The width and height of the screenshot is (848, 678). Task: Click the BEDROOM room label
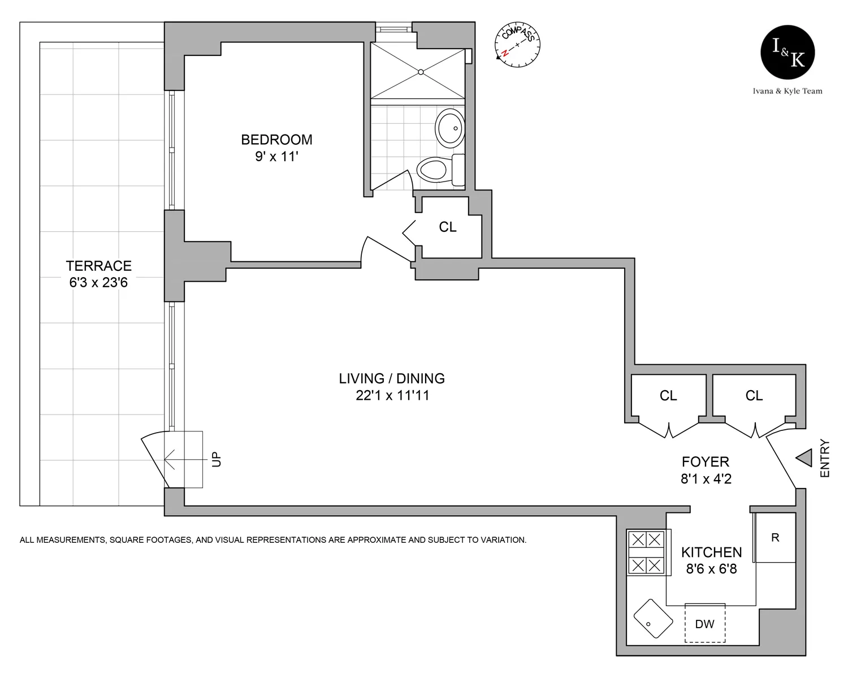pos(276,140)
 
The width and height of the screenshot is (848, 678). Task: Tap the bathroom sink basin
pos(450,128)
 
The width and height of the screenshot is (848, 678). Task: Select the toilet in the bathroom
pos(440,170)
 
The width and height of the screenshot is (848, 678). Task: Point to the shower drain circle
pos(421,72)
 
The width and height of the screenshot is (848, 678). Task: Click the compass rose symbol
pos(517,45)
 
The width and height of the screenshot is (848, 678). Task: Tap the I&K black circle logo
pos(788,53)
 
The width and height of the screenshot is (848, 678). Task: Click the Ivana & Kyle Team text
pos(788,91)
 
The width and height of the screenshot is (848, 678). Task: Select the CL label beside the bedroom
pos(448,227)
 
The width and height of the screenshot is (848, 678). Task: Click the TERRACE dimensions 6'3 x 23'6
pos(98,283)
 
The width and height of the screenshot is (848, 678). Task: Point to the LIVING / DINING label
pos(392,378)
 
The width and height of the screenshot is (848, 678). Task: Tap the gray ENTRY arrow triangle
pos(804,458)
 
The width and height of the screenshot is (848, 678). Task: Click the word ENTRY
pos(825,459)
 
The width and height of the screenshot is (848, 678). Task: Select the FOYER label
pos(706,461)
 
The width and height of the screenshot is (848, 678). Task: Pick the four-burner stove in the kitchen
pos(646,552)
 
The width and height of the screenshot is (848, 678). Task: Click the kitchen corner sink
pos(653,619)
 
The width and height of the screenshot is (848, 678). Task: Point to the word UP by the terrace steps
pos(217,459)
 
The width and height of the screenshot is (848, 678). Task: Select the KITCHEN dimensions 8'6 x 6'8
pos(711,569)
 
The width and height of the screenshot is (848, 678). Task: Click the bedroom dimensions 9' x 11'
pos(276,157)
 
